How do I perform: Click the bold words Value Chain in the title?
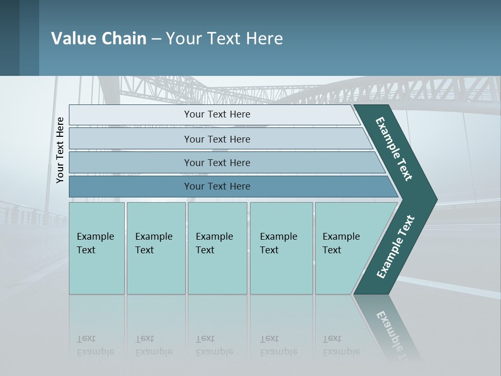pos(99,38)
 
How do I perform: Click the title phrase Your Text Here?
pos(224,38)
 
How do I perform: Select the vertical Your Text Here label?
pos(61,150)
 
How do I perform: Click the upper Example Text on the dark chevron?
pos(395,149)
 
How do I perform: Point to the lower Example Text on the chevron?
pos(396,246)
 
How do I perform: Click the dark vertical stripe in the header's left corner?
pos(9,38)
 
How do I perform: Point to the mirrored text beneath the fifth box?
pos(341,345)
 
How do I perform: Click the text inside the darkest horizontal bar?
pos(217,186)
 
